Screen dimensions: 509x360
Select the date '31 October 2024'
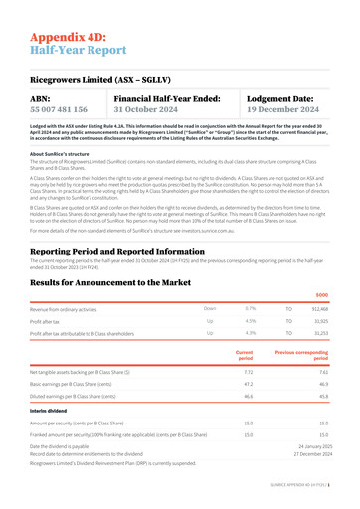pos(146,109)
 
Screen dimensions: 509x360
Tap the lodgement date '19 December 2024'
pos(288,109)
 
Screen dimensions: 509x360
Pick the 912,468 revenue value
pos(318,310)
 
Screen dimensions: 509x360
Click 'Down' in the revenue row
pos(209,310)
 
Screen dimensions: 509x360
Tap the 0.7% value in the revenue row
pos(249,310)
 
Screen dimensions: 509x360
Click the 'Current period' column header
pos(245,355)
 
